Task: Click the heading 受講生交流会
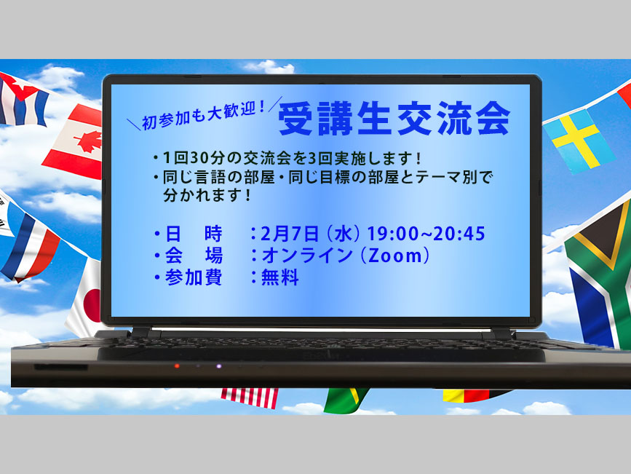pyautogui.click(x=394, y=119)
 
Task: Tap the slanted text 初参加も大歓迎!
pyautogui.click(x=203, y=115)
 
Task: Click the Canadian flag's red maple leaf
pyautogui.click(x=88, y=142)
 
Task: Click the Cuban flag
pyautogui.click(x=21, y=100)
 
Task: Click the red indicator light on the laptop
pyautogui.click(x=177, y=366)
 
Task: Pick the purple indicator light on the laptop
pyautogui.click(x=218, y=366)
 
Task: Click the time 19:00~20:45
pyautogui.click(x=426, y=234)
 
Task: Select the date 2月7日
pyautogui.click(x=290, y=234)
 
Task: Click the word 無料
pyautogui.click(x=280, y=277)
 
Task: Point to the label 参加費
pyautogui.click(x=193, y=277)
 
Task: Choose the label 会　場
pyautogui.click(x=194, y=256)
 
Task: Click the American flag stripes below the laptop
pyautogui.click(x=250, y=397)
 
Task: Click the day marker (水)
pyautogui.click(x=344, y=234)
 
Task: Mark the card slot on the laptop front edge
pyautogui.click(x=60, y=367)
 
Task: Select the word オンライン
pyautogui.click(x=307, y=256)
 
